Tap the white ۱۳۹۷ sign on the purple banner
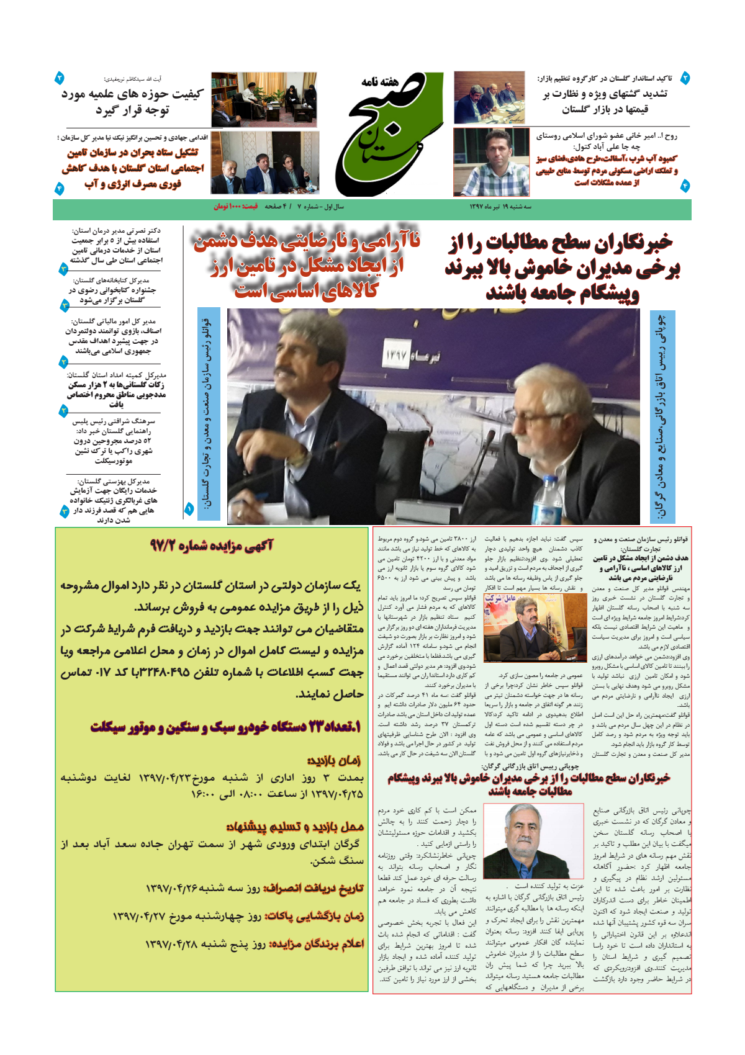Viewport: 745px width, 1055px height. point(395,356)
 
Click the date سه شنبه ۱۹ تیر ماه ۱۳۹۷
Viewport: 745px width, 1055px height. point(500,206)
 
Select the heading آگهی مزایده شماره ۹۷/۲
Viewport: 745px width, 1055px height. point(211,545)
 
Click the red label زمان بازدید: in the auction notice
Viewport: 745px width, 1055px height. point(333,760)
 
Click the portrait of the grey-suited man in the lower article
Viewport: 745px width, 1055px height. point(533,840)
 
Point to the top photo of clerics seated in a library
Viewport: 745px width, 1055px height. point(264,99)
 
